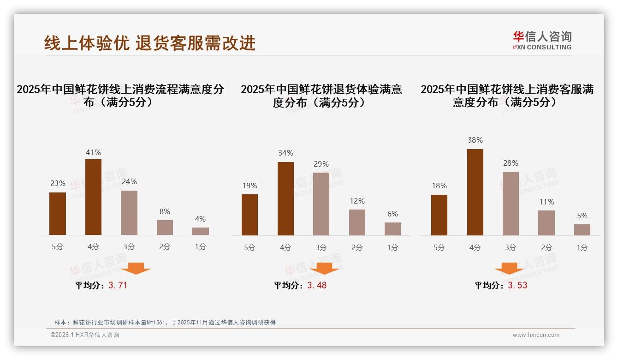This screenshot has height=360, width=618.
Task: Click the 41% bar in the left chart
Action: pyautogui.click(x=93, y=197)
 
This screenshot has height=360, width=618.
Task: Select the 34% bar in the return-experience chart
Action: pyautogui.click(x=285, y=198)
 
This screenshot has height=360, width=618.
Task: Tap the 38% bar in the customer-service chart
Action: pyautogui.click(x=475, y=192)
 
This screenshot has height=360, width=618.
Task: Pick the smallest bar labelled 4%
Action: pyautogui.click(x=201, y=231)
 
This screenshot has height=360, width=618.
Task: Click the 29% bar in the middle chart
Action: pyautogui.click(x=321, y=204)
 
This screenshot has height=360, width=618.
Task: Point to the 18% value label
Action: pyautogui.click(x=439, y=186)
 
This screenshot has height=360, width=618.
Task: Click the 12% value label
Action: pyautogui.click(x=357, y=201)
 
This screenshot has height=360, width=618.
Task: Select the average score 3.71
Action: pyautogui.click(x=118, y=285)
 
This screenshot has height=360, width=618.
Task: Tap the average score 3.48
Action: pyautogui.click(x=317, y=285)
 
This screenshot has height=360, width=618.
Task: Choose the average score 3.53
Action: pyautogui.click(x=517, y=285)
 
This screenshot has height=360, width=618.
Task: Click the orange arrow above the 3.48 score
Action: pyautogui.click(x=324, y=268)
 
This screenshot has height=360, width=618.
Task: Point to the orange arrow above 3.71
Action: pyautogui.click(x=136, y=268)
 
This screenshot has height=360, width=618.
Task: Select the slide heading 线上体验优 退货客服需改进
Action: pyautogui.click(x=150, y=43)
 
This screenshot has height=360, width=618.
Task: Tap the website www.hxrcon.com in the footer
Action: pyautogui.click(x=536, y=335)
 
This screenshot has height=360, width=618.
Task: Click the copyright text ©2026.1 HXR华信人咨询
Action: pyautogui.click(x=85, y=335)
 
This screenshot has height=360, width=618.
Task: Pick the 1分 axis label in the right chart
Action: pyautogui.click(x=582, y=247)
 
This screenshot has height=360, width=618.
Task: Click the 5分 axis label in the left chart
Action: pyautogui.click(x=58, y=246)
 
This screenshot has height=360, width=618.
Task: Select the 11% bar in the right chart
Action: pyautogui.click(x=547, y=223)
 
